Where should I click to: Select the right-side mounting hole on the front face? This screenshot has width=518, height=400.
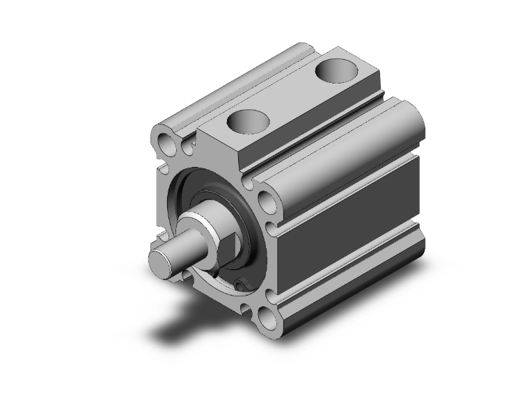point(267,202)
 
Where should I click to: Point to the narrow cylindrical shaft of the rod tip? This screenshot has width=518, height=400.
point(174,254)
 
